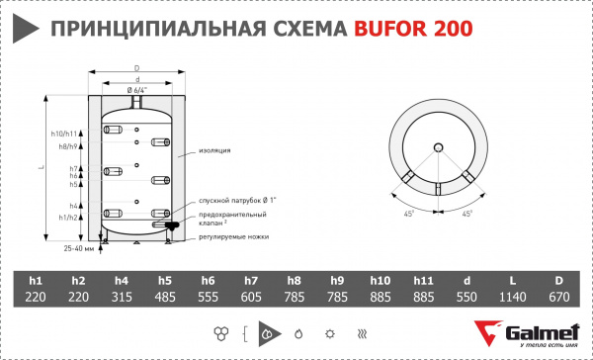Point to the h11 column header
pyautogui.click(x=424, y=279)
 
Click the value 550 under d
pyautogui.click(x=467, y=297)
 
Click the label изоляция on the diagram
pyautogui.click(x=214, y=150)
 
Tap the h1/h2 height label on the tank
pyautogui.click(x=66, y=217)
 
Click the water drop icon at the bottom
pyautogui.click(x=298, y=331)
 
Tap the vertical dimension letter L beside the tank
pyautogui.click(x=40, y=169)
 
